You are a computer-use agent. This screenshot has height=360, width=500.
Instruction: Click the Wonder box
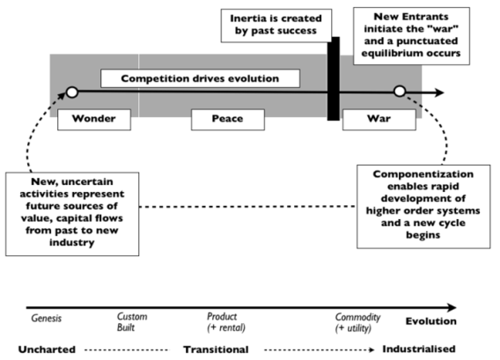tap(86, 118)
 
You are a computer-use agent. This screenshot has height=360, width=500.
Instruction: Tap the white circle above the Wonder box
tap(72, 92)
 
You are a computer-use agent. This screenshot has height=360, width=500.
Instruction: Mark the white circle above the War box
tap(400, 92)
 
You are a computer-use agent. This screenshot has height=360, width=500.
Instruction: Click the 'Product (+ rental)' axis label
tap(225, 322)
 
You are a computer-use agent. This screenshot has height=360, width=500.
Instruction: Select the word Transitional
tap(216, 349)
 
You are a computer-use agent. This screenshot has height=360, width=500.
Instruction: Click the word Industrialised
tap(420, 349)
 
